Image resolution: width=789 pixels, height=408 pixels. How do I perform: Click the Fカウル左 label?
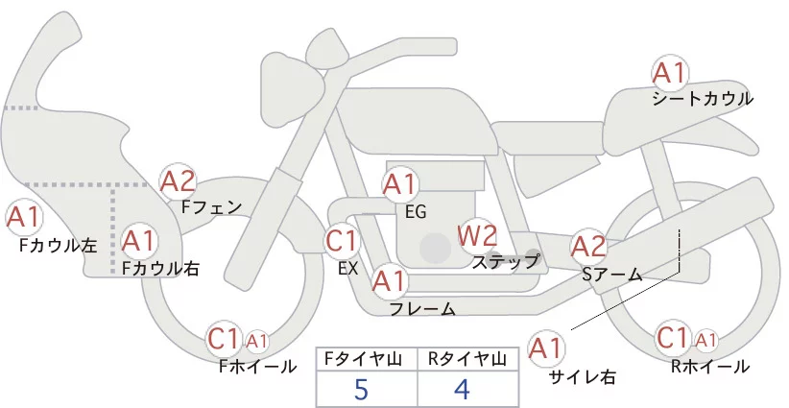58,245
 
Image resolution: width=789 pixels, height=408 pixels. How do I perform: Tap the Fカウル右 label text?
160,270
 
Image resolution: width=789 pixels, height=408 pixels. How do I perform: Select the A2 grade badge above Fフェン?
178,181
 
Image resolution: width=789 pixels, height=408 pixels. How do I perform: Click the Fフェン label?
212,205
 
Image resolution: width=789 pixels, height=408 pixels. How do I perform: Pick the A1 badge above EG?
400,183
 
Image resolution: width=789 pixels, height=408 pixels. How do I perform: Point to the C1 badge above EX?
342,240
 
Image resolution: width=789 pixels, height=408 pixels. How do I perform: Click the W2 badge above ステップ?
477,234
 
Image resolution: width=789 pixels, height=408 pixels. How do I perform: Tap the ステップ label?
506,260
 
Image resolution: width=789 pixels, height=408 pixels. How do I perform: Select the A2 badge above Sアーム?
589,246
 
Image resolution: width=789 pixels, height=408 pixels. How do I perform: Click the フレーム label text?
422,309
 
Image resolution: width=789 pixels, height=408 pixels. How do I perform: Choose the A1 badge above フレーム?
389,281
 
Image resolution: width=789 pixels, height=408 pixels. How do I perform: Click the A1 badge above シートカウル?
669,72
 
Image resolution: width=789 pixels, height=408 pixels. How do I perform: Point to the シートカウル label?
703,98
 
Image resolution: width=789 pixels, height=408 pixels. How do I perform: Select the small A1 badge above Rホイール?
705,340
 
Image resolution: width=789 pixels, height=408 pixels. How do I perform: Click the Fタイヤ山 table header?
366,359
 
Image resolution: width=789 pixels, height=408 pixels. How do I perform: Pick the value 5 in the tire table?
361,390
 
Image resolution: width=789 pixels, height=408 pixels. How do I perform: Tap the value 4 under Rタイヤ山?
462,390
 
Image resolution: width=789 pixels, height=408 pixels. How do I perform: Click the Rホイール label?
710,366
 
